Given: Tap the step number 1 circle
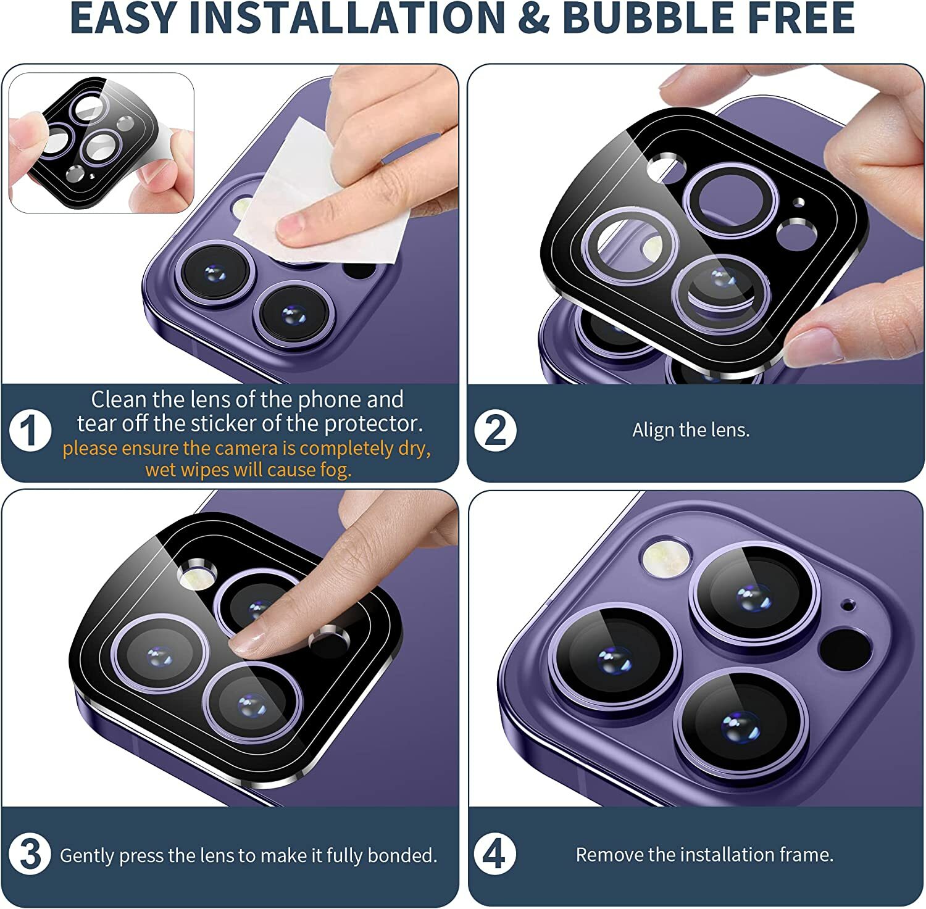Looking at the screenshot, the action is [x=30, y=430].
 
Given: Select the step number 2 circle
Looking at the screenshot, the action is [x=495, y=430].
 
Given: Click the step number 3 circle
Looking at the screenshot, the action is [x=30, y=855].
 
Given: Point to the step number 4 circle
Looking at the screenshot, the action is [x=495, y=855].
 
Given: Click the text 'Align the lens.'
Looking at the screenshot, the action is [x=691, y=430].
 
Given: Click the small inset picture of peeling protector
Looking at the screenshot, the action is [x=101, y=143].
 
